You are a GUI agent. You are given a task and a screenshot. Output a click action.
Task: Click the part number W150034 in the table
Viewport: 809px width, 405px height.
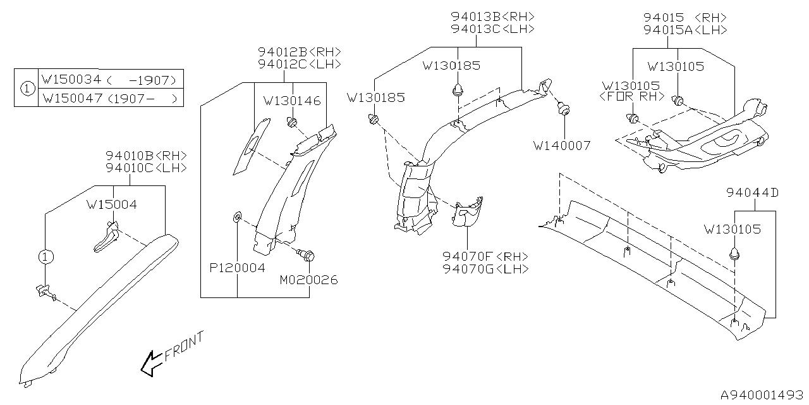pyautogui.click(x=70, y=80)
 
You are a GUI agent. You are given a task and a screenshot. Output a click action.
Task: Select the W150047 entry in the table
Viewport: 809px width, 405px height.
pyautogui.click(x=70, y=99)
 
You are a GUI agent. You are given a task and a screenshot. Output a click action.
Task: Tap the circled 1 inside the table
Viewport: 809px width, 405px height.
pyautogui.click(x=27, y=89)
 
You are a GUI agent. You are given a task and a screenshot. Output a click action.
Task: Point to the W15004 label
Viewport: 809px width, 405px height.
pyautogui.click(x=112, y=204)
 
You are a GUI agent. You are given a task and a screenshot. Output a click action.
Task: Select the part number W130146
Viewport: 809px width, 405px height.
pyautogui.click(x=291, y=101)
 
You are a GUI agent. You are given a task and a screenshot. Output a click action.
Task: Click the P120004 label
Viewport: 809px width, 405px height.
pyautogui.click(x=237, y=268)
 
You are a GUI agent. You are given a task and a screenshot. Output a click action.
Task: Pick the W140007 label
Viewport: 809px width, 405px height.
pyautogui.click(x=562, y=146)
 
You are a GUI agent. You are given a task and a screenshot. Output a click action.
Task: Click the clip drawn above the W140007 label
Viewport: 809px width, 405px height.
pyautogui.click(x=562, y=109)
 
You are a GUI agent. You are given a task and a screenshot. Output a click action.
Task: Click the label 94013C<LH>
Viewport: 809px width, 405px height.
pyautogui.click(x=493, y=29)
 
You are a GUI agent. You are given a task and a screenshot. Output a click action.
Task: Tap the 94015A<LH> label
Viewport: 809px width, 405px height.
pyautogui.click(x=685, y=30)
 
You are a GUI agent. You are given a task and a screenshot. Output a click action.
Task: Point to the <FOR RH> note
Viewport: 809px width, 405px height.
pyautogui.click(x=631, y=96)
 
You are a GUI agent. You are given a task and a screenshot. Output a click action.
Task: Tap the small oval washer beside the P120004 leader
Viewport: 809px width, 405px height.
pyautogui.click(x=236, y=218)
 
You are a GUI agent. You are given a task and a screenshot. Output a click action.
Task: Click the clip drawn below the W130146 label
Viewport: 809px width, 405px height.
pyautogui.click(x=292, y=121)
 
